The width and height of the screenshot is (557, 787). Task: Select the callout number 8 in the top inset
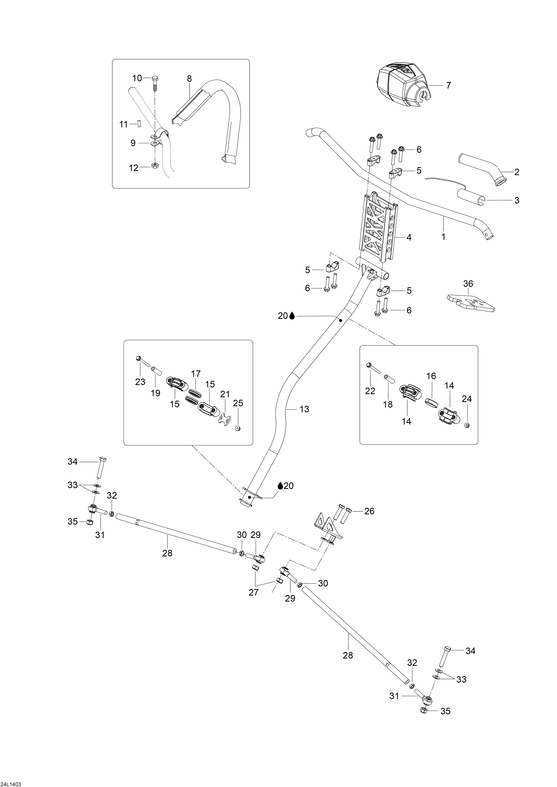click(x=189, y=79)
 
